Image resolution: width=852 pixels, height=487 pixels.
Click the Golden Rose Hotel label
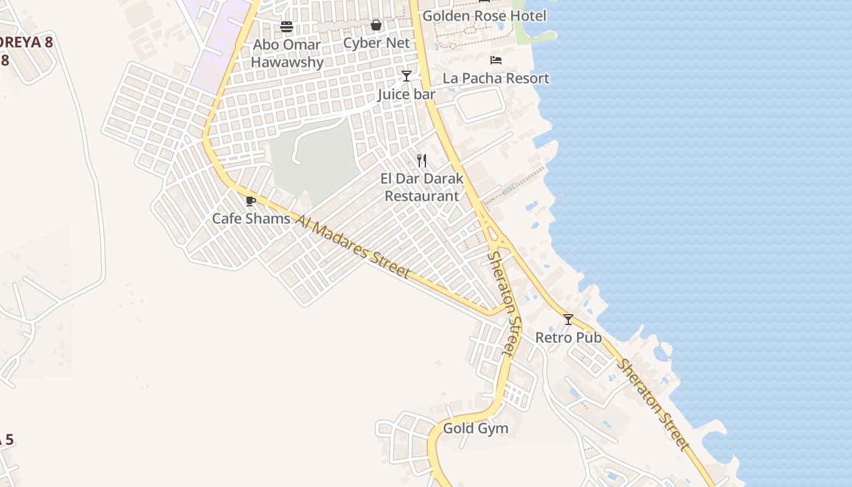coord(484,16)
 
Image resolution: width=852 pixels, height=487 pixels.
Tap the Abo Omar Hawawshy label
coord(286,54)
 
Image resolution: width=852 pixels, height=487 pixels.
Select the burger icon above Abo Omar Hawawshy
coord(287,26)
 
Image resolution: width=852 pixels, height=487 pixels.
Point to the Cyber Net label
coord(377,43)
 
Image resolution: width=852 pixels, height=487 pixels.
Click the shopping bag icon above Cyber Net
coord(376,25)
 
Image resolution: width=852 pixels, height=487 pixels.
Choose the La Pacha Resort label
coord(496,79)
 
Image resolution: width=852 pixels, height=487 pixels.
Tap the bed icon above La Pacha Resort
coord(496,60)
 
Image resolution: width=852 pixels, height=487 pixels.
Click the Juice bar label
coord(407,94)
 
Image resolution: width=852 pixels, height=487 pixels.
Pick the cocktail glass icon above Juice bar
coord(407,76)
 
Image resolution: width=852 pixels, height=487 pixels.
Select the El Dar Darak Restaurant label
coord(422,187)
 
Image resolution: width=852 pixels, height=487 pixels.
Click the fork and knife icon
coord(421,161)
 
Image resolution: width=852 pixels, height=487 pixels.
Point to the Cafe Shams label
coord(251,219)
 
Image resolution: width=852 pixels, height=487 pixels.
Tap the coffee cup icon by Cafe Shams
coord(250,201)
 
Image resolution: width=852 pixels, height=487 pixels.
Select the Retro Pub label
coord(568,338)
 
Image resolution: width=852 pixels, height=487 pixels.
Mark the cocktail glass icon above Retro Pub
coord(568,320)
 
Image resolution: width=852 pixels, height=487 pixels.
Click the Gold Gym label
coord(475,429)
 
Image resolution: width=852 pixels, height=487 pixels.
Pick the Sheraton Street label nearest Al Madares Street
coord(505,303)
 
